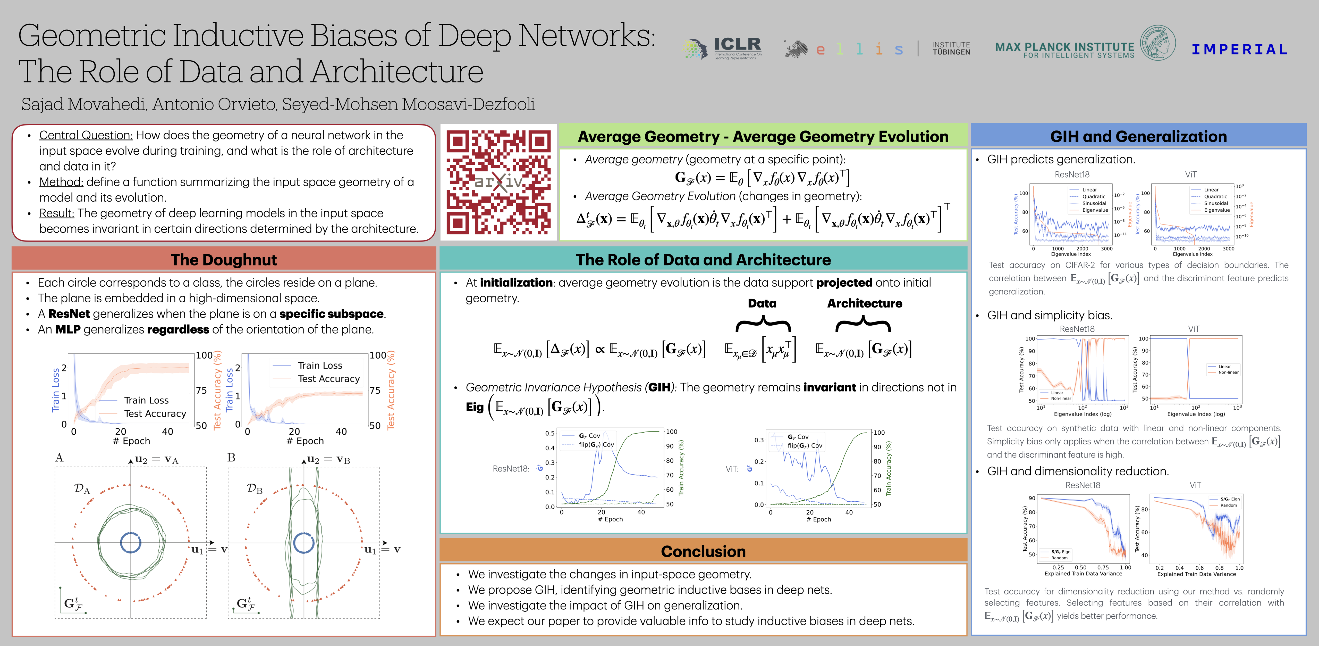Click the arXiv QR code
click(498, 182)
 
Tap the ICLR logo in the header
click(722, 49)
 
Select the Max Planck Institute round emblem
click(1158, 43)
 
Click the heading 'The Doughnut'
click(224, 260)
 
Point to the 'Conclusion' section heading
click(703, 551)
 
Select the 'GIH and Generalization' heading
click(1138, 136)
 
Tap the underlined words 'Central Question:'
click(86, 135)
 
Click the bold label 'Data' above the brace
click(762, 303)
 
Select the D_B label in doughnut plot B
click(255, 488)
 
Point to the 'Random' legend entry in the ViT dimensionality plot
click(1228, 505)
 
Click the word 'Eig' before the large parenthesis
click(475, 407)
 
